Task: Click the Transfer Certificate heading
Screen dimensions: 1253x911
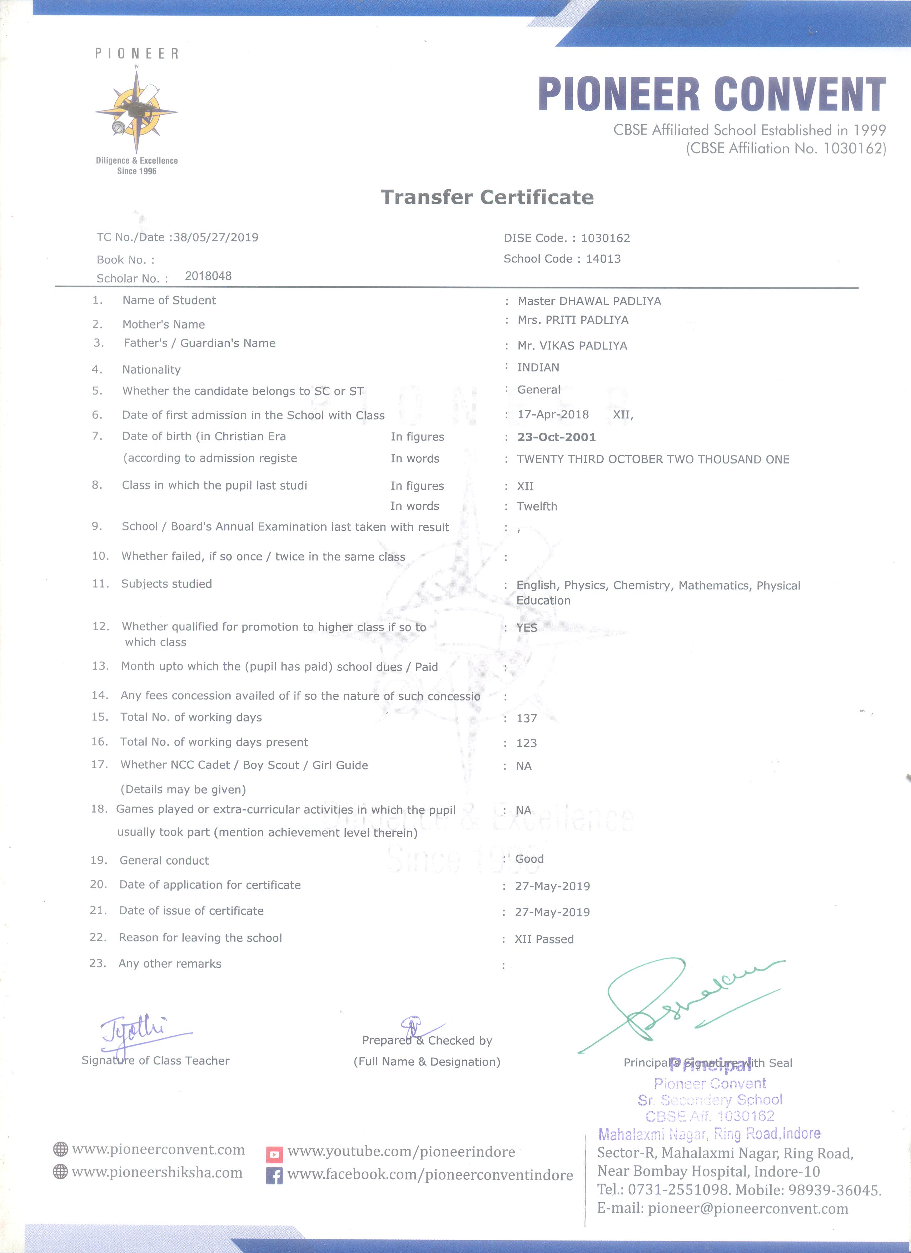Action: (487, 197)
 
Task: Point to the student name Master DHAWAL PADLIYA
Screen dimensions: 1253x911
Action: (589, 301)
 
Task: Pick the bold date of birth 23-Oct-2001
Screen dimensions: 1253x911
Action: (556, 437)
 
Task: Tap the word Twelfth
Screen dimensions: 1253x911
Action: (537, 506)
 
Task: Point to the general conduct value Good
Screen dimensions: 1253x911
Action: (529, 859)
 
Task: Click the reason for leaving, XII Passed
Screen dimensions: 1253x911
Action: (544, 939)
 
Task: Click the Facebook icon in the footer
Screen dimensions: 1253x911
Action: (274, 1176)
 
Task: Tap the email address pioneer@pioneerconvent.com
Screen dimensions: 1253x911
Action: (748, 1208)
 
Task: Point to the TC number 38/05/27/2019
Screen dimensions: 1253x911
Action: (215, 237)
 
